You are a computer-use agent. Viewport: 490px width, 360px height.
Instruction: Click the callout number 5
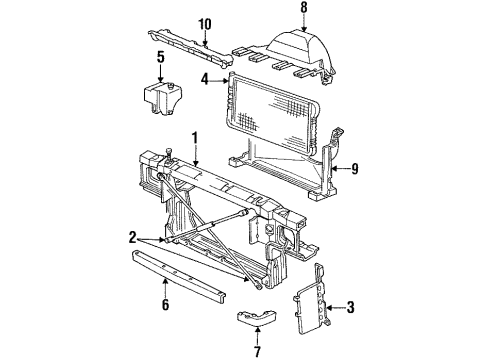pos(161,57)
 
